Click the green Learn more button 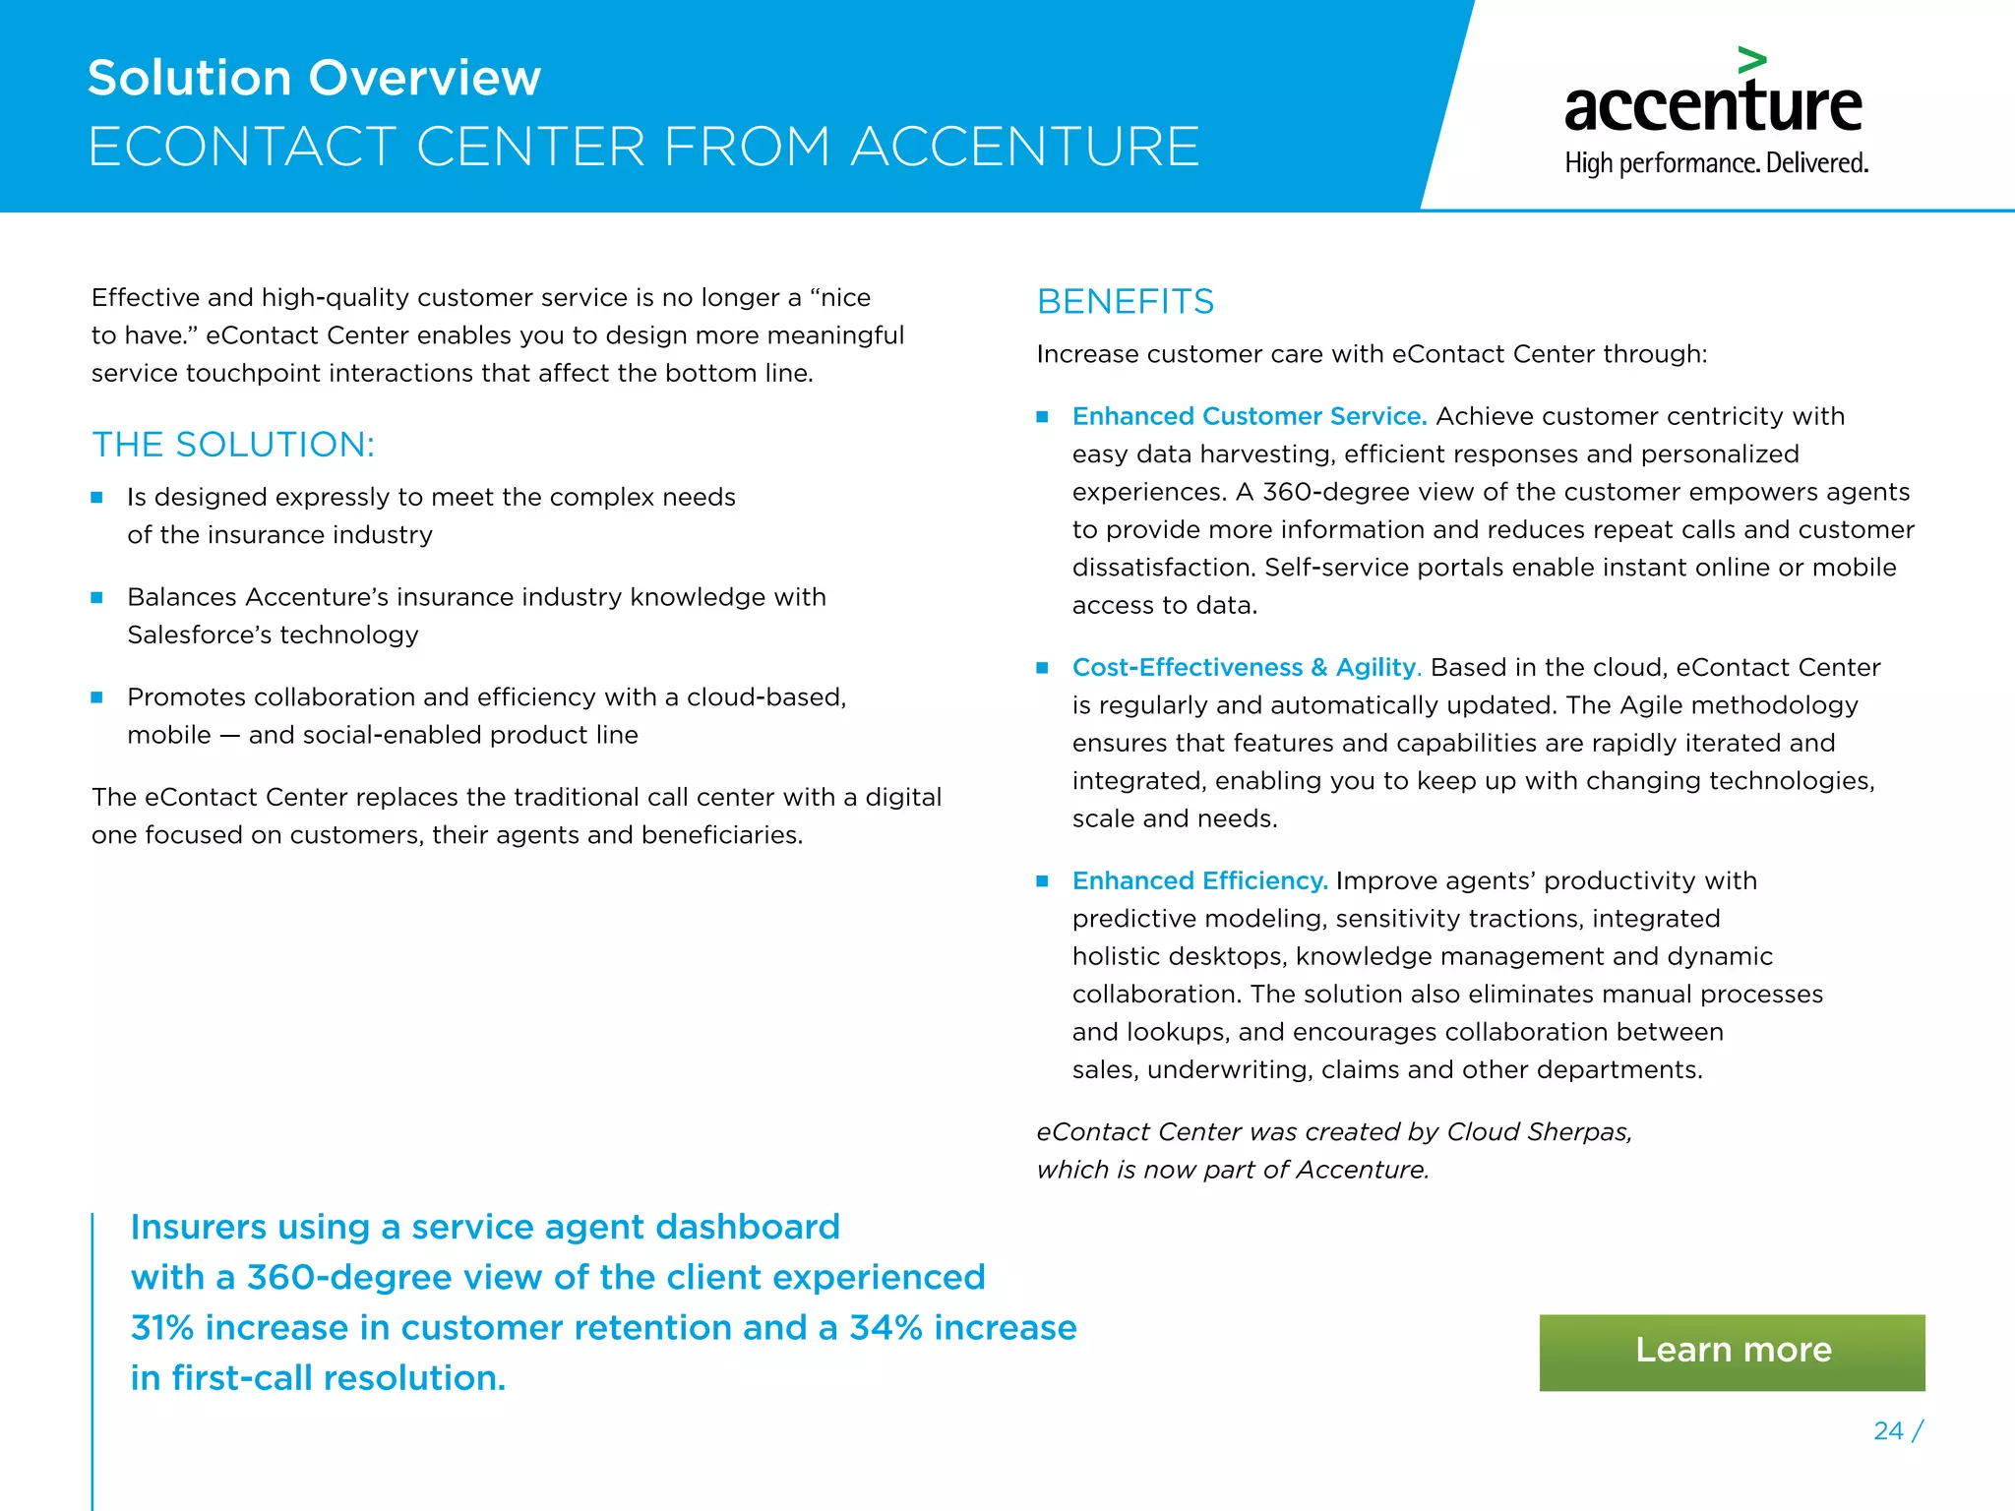click(1732, 1352)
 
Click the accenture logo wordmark click(1713, 106)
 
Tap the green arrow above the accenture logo click(1751, 60)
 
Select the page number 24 click(1888, 1430)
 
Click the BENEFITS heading click(1126, 301)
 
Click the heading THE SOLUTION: click(233, 445)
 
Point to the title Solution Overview click(314, 78)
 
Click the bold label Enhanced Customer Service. click(1249, 416)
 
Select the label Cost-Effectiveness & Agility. click(1246, 667)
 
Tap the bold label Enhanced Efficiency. click(1199, 880)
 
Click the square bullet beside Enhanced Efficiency click(1042, 881)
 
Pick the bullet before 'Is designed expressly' click(96, 498)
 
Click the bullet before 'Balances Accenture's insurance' click(96, 597)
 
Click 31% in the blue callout click(162, 1328)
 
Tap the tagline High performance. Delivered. click(1716, 163)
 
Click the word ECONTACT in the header click(242, 147)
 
